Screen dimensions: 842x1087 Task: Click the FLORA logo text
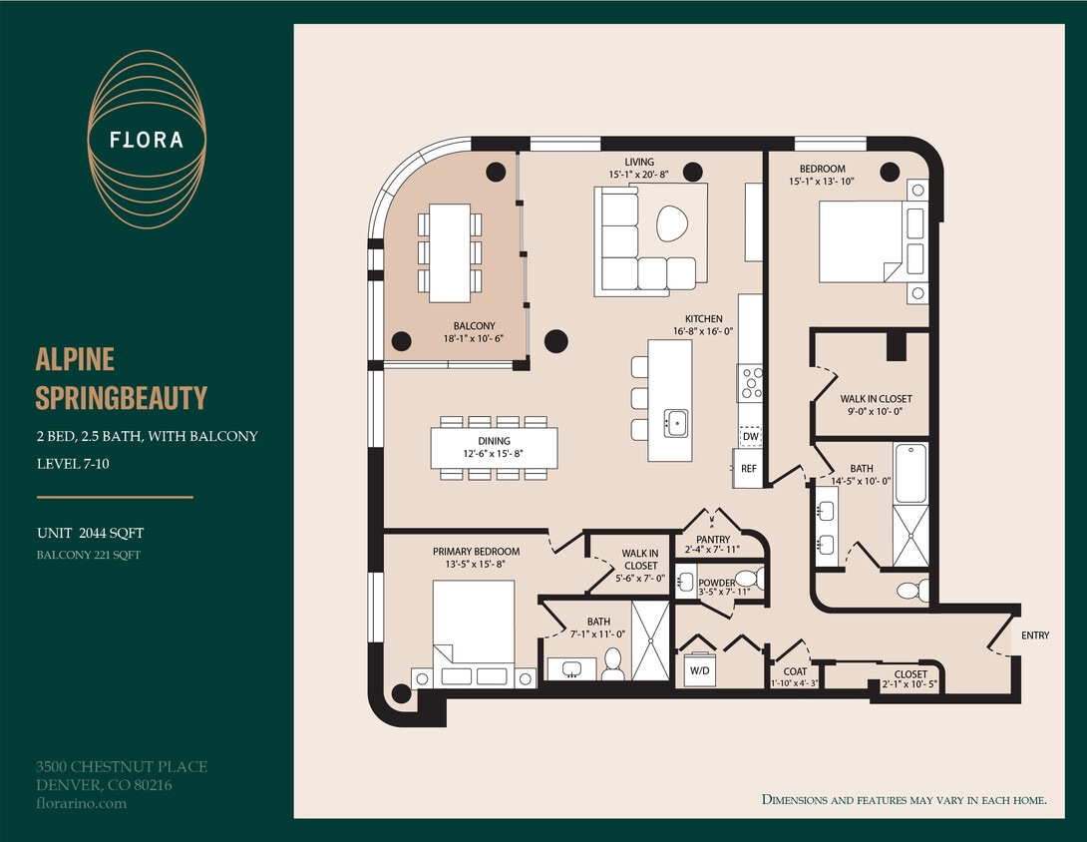147,140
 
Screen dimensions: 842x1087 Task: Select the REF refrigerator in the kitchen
748,468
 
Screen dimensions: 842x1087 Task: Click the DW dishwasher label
750,436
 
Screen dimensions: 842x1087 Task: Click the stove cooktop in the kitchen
750,382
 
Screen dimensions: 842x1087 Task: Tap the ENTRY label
1035,635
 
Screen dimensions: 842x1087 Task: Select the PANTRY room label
713,540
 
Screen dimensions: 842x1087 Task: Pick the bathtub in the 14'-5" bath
909,473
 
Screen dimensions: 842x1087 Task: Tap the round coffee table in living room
672,222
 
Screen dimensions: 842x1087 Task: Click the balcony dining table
450,252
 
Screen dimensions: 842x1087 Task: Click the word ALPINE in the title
75,359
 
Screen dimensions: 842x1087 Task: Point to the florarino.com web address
81,803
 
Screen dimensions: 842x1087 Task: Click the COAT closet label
795,672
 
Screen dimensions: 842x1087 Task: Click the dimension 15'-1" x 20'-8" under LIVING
639,175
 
